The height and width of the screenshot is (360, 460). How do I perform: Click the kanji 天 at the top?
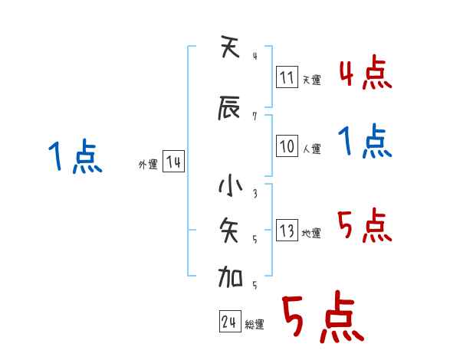[231, 50]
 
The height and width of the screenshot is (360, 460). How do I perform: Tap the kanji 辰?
[231, 109]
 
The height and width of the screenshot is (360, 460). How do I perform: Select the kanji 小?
[231, 187]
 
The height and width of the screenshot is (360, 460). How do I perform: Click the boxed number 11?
[287, 78]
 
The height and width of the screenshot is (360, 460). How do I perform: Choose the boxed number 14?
[173, 163]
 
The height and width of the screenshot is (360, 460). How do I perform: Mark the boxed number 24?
[229, 322]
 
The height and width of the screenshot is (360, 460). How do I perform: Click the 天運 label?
[312, 80]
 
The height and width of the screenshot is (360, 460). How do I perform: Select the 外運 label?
[148, 165]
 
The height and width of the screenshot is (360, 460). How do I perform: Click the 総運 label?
[255, 324]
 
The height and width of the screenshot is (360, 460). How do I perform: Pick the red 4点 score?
[366, 74]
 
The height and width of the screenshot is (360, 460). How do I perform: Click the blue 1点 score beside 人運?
[366, 142]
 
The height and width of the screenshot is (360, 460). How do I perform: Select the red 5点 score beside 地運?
[366, 226]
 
